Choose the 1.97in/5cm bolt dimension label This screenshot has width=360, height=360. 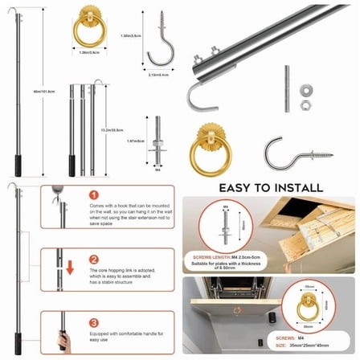point(134,141)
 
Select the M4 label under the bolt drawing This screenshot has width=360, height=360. point(157,170)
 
